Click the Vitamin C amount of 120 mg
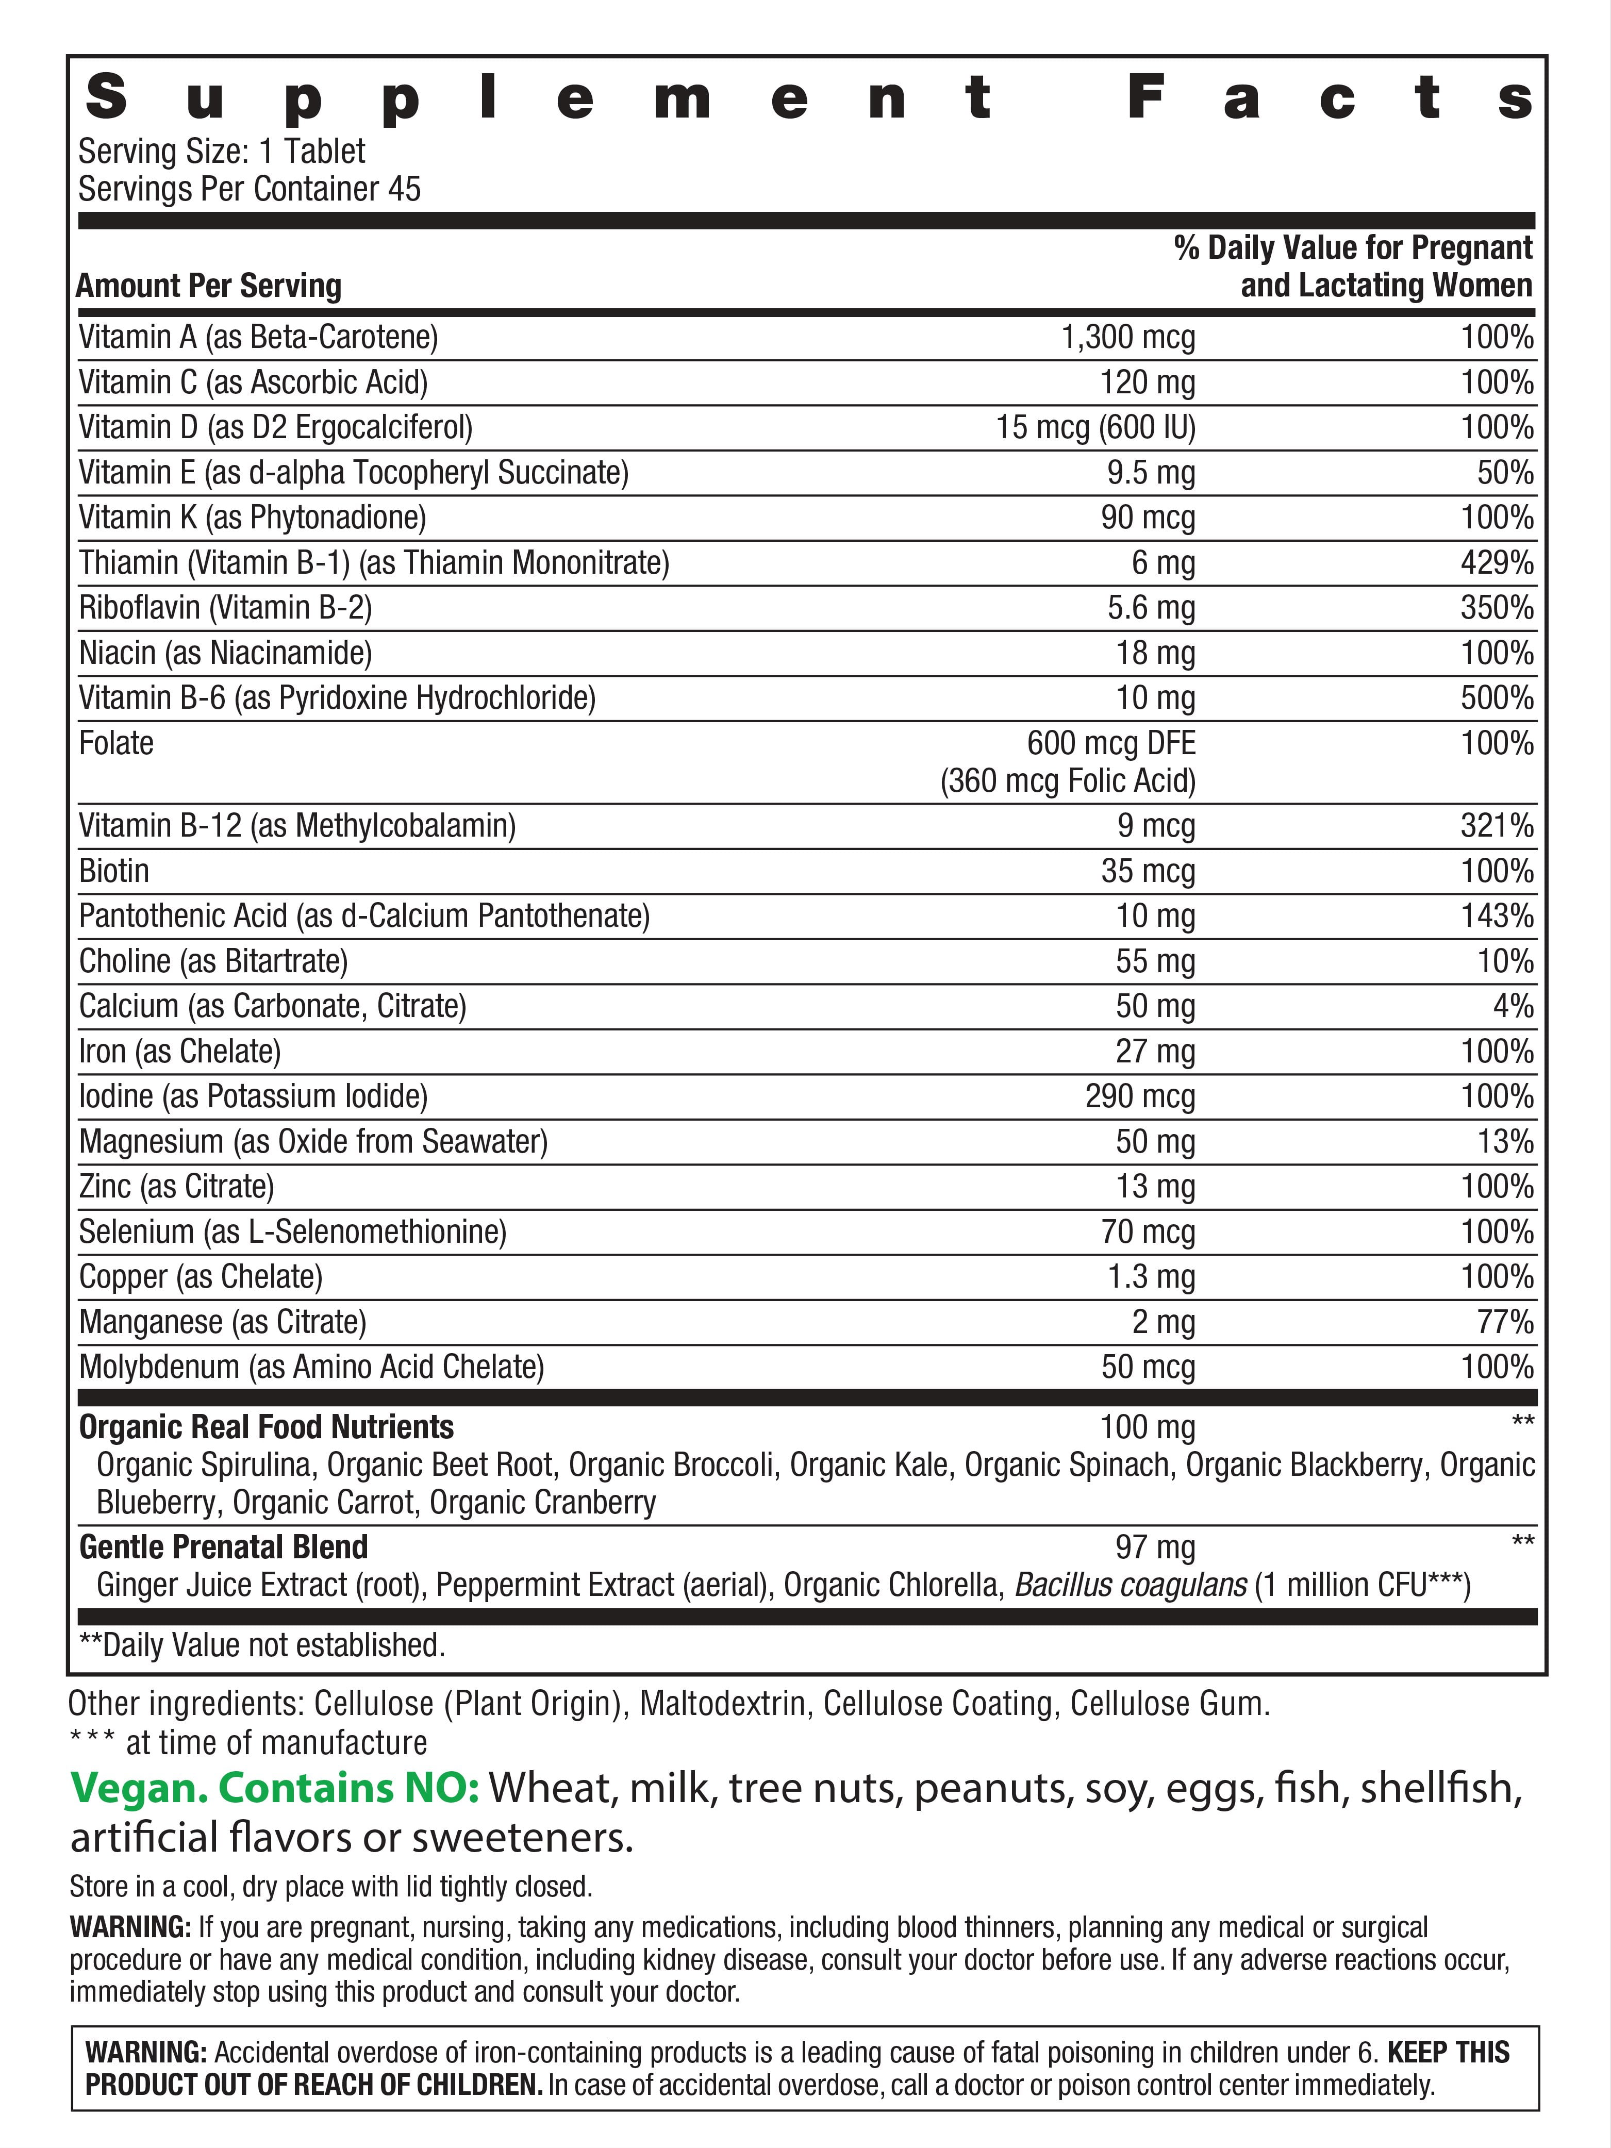point(1147,382)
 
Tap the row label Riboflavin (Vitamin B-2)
point(225,608)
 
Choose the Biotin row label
point(114,871)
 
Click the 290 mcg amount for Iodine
point(1140,1096)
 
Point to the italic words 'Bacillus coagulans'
point(1131,1585)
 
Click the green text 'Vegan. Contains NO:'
point(275,1788)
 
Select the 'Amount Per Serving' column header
point(209,287)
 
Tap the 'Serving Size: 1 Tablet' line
point(221,153)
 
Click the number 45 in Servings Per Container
point(404,189)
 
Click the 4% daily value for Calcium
point(1513,1006)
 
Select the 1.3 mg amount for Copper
point(1151,1277)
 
